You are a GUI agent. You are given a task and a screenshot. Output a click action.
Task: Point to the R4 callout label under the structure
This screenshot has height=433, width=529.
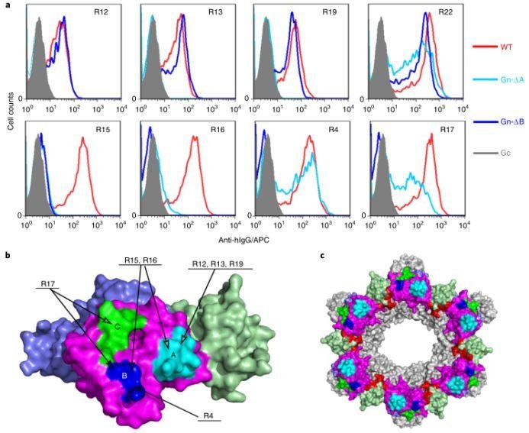coord(206,415)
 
